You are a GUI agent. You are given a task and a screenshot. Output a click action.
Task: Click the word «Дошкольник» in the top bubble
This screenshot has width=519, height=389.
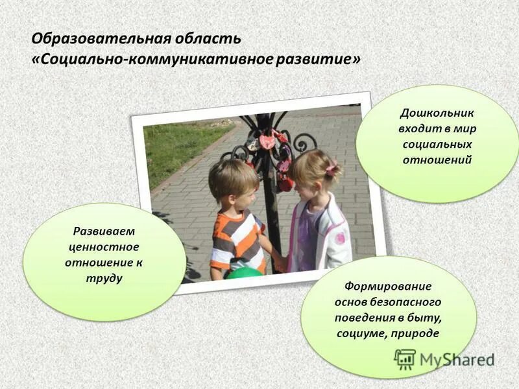[x=437, y=113]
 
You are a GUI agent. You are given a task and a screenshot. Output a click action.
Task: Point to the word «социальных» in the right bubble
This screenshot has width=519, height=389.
[x=436, y=144]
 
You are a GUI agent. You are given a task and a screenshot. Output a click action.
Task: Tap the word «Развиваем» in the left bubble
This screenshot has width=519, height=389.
[x=104, y=231]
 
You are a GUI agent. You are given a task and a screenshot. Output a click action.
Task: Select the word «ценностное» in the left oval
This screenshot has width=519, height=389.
[x=104, y=247]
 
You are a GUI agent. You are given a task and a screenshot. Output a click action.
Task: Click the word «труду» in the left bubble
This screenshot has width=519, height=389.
[x=104, y=278]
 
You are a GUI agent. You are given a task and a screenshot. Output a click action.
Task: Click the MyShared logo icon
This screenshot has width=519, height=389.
[x=405, y=359]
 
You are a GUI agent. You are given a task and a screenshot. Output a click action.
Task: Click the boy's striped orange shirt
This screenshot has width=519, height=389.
[x=237, y=240]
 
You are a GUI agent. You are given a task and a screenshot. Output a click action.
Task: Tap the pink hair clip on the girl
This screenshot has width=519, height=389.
[x=331, y=171]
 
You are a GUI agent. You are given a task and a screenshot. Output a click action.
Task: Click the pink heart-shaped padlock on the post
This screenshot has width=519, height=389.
[x=267, y=141]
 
